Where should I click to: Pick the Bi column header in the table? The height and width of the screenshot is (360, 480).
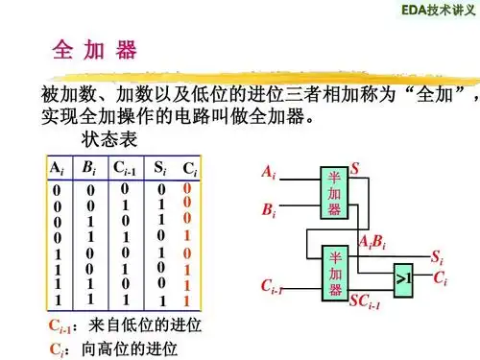point(89,168)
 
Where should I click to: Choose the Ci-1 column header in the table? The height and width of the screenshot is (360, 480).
point(126,168)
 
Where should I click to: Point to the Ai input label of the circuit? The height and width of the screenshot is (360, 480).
point(268,174)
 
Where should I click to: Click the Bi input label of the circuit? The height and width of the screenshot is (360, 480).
point(270,206)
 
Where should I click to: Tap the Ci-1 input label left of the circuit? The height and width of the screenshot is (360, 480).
point(272,287)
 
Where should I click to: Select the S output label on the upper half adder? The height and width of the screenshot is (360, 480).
point(354,168)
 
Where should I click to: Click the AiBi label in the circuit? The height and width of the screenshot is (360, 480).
point(372,240)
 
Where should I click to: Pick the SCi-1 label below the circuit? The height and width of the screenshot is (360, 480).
point(365,304)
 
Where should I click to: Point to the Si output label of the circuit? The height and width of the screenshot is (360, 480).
point(437,257)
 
